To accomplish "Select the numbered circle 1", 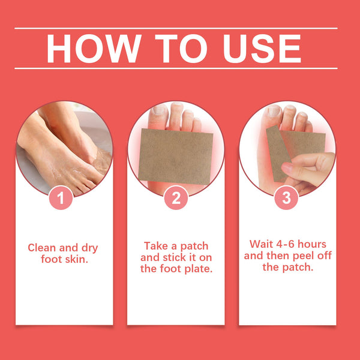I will (64, 197).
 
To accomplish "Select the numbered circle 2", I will (175, 197).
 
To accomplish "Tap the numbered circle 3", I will (286, 197).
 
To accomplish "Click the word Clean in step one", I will (43, 248).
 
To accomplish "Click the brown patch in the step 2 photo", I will (171, 153).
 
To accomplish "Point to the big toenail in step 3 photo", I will (273, 112).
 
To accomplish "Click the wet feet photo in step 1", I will (63, 147).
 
